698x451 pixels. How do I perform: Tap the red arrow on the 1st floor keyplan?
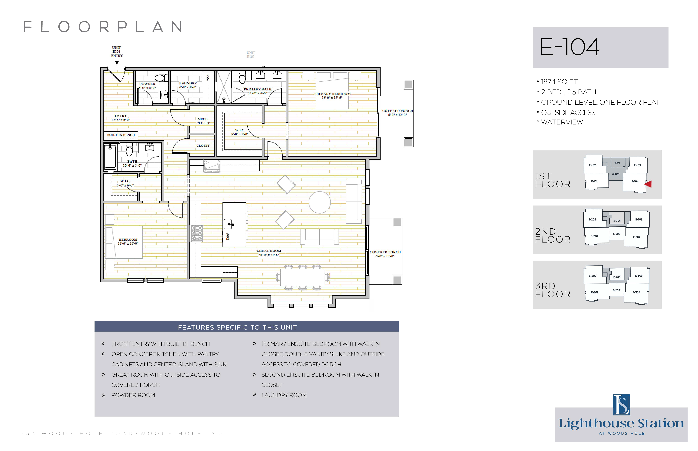648,184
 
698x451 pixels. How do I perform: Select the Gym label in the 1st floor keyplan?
617,163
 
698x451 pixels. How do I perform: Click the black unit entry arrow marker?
117,63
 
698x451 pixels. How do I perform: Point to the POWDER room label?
147,84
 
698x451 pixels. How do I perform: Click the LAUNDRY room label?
188,83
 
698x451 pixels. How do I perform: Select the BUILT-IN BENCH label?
121,135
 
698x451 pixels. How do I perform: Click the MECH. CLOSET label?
203,121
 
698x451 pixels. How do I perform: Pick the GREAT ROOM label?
269,251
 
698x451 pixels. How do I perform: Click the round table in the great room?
320,202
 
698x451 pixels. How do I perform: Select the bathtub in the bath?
110,157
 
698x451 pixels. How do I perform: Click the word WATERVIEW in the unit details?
562,122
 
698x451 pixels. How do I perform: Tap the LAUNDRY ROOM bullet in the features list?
284,395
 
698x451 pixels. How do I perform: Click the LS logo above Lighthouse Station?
622,405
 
